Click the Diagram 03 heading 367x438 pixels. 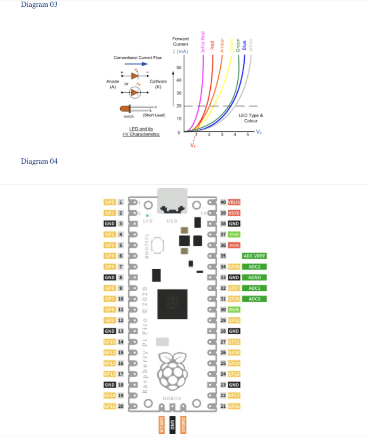pos(39,5)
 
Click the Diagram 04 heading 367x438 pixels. pos(39,161)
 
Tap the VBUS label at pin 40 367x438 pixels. pos(234,202)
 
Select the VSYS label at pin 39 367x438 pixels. pos(234,213)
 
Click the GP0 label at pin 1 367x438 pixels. pos(110,202)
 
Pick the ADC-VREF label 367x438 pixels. pos(254,256)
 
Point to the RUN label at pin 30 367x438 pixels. pos(234,309)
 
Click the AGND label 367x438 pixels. pos(254,277)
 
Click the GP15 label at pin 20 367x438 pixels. pos(110,406)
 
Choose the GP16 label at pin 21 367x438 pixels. pos(234,406)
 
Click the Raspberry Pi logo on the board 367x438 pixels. pos(172,371)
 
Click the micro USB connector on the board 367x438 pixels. pos(172,201)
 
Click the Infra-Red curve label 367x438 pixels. pos(202,41)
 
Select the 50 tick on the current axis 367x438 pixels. pos(179,67)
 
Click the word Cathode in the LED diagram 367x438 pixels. pos(158,82)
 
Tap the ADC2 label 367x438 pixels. pos(254,266)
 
